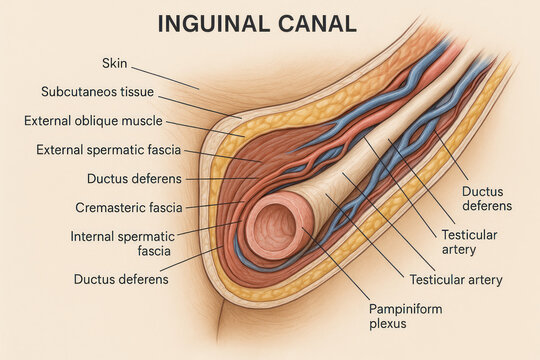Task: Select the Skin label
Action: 115,63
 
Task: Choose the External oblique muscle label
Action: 93,121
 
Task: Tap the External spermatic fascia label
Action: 108,150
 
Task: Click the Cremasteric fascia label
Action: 129,208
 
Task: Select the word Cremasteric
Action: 110,208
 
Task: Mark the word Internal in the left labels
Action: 92,237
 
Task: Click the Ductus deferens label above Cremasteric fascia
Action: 134,179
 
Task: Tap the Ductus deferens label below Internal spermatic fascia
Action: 121,279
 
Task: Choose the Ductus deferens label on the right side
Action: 487,198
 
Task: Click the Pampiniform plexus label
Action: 406,316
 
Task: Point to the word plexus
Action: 388,324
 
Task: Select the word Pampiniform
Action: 406,309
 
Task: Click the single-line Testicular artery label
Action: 456,280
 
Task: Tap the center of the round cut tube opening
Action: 273,227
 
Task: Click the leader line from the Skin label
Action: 165,78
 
